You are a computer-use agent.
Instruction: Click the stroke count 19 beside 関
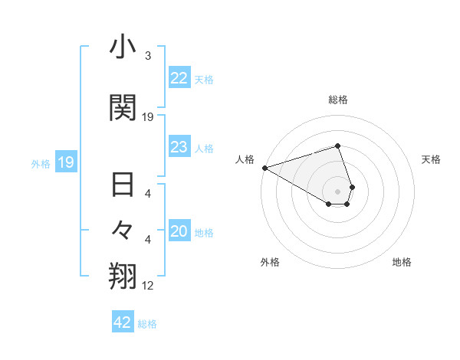click(148, 117)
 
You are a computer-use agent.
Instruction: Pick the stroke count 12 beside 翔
click(148, 286)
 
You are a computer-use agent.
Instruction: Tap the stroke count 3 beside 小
click(148, 56)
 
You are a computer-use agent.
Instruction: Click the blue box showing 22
click(179, 78)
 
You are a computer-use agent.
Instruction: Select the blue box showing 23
click(179, 147)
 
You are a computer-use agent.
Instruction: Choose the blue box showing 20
click(179, 232)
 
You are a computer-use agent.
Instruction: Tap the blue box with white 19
click(65, 162)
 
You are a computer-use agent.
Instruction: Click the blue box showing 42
click(122, 322)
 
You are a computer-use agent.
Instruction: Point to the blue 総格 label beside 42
click(147, 324)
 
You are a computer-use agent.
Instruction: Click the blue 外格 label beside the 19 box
click(40, 163)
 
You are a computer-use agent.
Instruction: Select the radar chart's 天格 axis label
click(432, 159)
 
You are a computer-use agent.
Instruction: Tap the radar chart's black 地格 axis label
click(402, 262)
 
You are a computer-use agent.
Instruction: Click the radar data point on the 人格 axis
click(264, 168)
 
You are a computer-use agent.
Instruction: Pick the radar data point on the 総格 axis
click(337, 146)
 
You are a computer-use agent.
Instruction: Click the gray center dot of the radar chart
click(337, 191)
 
